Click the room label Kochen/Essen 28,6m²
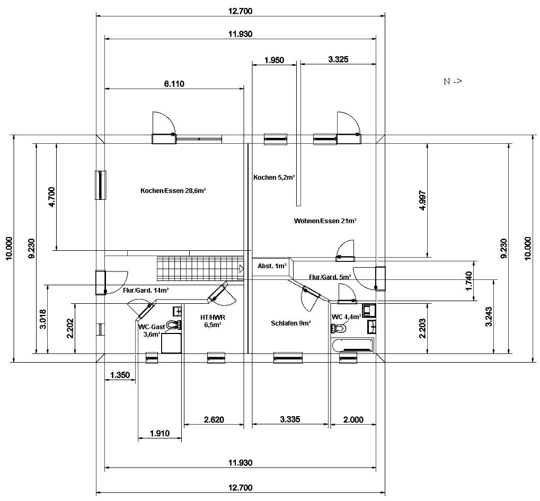(173, 190)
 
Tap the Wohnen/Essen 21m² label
(325, 221)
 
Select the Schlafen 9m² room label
(290, 323)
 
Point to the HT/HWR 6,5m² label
(213, 321)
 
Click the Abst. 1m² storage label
(272, 266)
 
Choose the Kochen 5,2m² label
(274, 178)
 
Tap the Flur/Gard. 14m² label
(146, 290)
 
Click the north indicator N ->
(453, 81)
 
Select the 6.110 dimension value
(174, 84)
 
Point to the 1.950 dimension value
(274, 60)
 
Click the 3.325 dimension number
(338, 59)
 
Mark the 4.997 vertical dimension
(423, 200)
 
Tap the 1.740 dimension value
(468, 281)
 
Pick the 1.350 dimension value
(120, 375)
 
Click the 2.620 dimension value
(214, 420)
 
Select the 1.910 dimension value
(160, 434)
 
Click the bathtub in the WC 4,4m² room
(352, 345)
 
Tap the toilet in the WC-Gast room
(173, 324)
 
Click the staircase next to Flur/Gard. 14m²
(200, 268)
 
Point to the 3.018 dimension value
(43, 319)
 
